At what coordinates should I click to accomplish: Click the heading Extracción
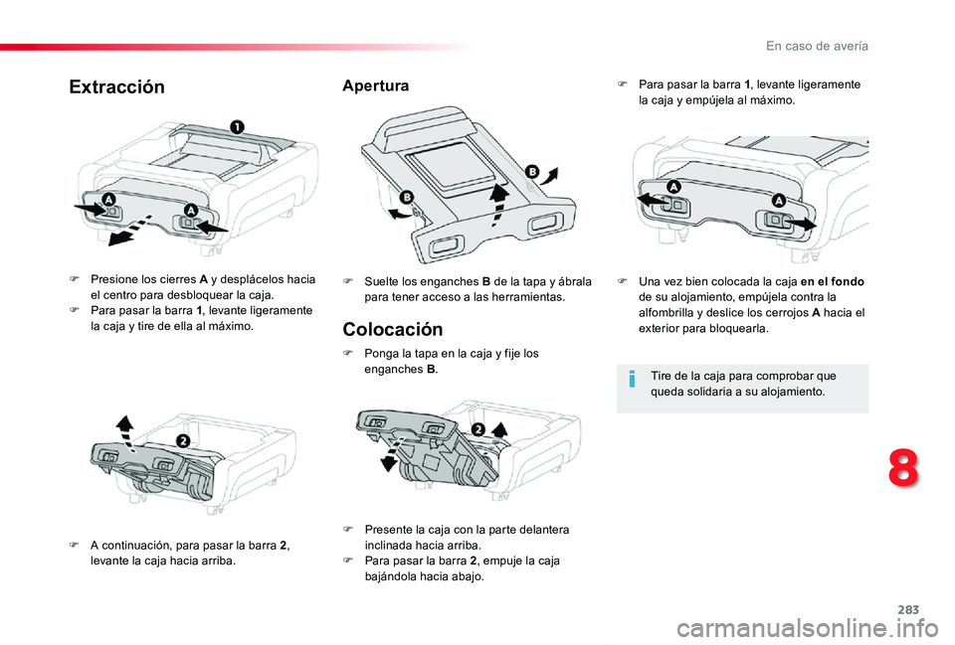[117, 87]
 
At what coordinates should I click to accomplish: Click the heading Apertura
[376, 85]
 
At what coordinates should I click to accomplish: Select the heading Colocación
[393, 329]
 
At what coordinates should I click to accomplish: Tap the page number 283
[908, 609]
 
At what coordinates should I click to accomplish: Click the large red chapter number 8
[903, 468]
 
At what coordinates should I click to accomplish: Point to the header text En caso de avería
[818, 46]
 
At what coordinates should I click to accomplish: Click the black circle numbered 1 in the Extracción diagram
[237, 126]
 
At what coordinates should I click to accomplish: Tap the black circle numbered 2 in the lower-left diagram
[183, 440]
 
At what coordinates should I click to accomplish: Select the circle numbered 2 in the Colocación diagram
[478, 429]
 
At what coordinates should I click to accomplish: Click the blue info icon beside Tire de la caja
[633, 380]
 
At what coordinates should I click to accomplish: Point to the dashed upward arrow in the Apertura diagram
[498, 205]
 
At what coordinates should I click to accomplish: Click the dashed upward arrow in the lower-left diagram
[126, 432]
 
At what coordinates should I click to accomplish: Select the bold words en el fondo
[832, 281]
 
